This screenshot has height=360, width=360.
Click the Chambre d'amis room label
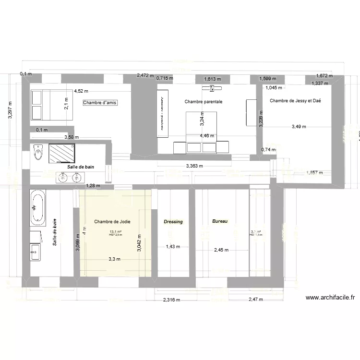click(100, 103)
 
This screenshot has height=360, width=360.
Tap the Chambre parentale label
click(204, 102)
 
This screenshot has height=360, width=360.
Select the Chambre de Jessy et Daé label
click(295, 101)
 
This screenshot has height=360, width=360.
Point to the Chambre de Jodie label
click(112, 222)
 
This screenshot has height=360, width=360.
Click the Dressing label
click(173, 222)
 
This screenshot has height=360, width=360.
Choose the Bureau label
click(220, 221)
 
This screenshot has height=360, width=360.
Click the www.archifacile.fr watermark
click(330, 298)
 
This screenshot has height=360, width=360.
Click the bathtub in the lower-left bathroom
click(37, 208)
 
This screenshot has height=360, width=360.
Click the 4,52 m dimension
click(81, 91)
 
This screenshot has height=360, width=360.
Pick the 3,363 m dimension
click(194, 167)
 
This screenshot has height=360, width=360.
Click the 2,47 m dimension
click(256, 300)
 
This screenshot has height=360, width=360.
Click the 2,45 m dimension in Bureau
click(222, 250)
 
